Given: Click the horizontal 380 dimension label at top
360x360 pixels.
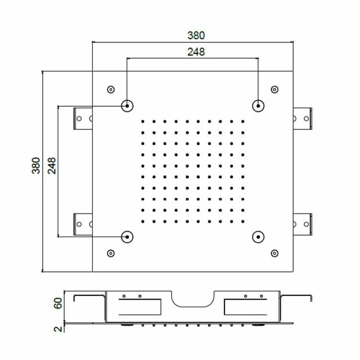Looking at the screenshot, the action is [196, 35].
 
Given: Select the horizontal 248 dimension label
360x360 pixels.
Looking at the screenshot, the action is [196, 52].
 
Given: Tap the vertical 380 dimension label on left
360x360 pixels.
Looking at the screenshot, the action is [36, 165].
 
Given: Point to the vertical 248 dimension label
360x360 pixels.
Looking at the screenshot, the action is [52, 165].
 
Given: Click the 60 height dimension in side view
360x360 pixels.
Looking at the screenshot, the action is [58, 303].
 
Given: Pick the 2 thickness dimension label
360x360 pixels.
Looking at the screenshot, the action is [58, 329].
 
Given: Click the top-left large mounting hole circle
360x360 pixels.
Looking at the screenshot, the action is [127, 106].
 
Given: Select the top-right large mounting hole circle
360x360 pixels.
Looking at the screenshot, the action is [258, 106].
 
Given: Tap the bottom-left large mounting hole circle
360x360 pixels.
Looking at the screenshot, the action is [127, 237].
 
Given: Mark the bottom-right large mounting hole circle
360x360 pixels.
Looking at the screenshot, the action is [258, 237].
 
